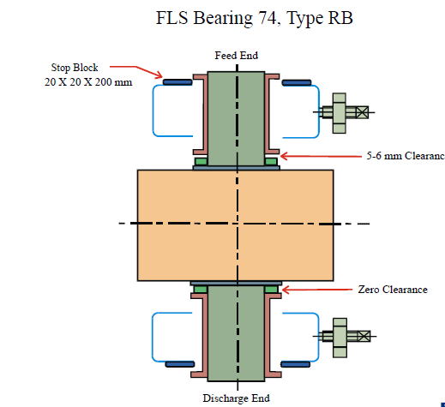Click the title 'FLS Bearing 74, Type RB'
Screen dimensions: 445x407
(x=254, y=18)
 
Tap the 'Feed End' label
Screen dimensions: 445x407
(x=237, y=56)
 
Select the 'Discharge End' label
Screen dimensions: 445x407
(x=237, y=398)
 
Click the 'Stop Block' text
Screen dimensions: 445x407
(x=75, y=68)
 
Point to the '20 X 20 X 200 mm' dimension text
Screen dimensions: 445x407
(x=88, y=82)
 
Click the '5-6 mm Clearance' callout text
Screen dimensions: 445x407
(x=406, y=156)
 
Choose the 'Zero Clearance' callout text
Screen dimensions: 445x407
(x=393, y=290)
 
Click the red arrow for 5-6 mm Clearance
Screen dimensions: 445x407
(x=321, y=156)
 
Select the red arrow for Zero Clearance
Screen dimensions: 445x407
(x=317, y=290)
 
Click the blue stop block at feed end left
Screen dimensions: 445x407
(x=177, y=82)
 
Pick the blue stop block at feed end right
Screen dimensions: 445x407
(x=297, y=83)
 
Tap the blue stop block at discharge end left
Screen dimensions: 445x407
(x=180, y=364)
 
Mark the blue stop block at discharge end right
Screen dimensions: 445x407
(x=296, y=364)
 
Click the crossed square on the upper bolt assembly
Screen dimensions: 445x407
(x=362, y=112)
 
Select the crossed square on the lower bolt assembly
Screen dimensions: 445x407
(x=364, y=336)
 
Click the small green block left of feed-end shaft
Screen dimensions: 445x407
(x=201, y=162)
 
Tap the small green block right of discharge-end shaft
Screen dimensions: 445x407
(x=271, y=290)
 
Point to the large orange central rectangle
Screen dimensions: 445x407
(x=236, y=225)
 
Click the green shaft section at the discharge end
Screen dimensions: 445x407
(x=236, y=333)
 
